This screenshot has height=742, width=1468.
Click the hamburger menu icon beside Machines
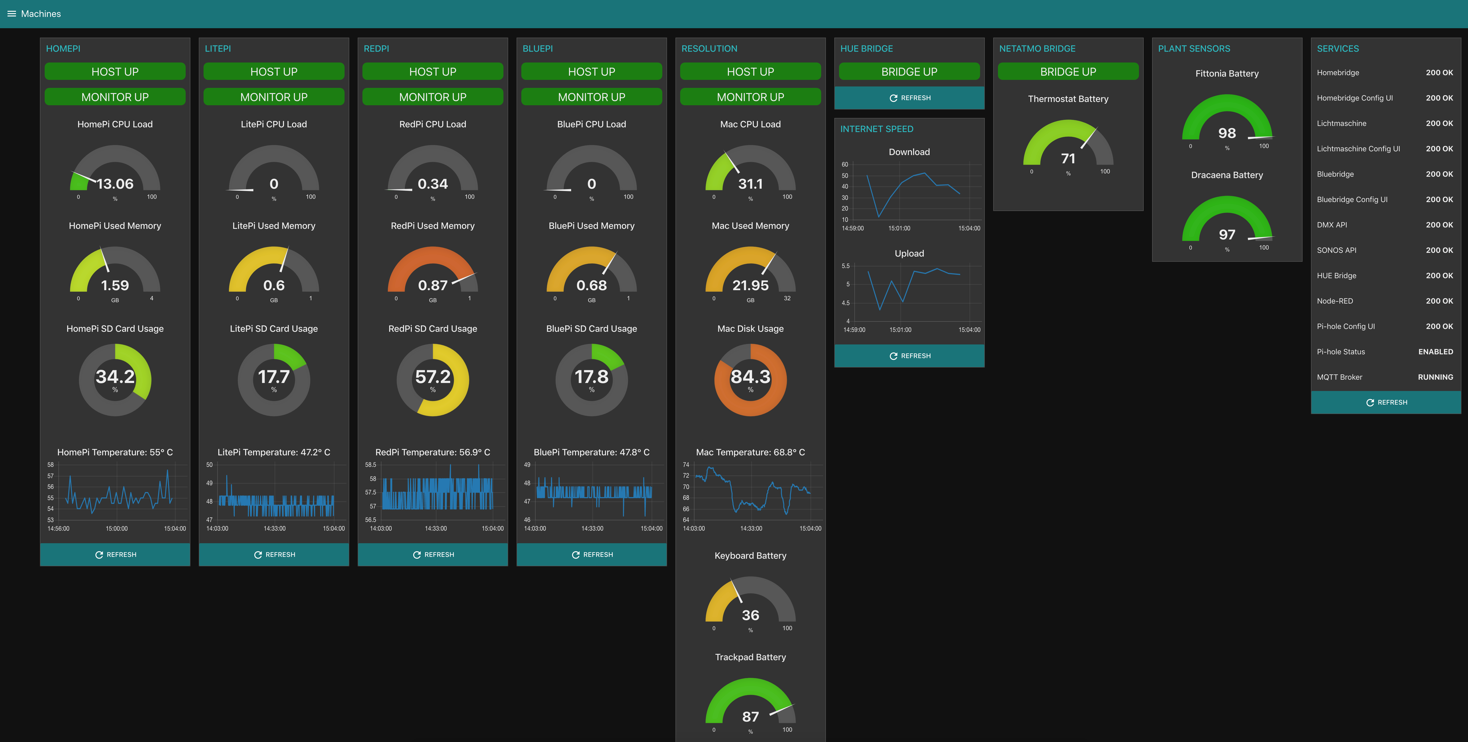point(11,14)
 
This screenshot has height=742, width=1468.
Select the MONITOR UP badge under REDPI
point(432,97)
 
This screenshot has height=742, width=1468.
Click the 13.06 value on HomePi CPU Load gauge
point(115,184)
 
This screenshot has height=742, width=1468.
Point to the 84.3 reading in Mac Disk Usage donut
point(750,377)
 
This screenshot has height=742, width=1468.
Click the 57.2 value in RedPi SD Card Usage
point(432,377)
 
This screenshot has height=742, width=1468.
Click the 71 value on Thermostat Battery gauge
point(1068,158)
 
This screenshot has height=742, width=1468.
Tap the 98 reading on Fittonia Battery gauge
point(1227,133)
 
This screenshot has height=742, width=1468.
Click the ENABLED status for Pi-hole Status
point(1436,352)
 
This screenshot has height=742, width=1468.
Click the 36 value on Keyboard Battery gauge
point(750,615)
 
